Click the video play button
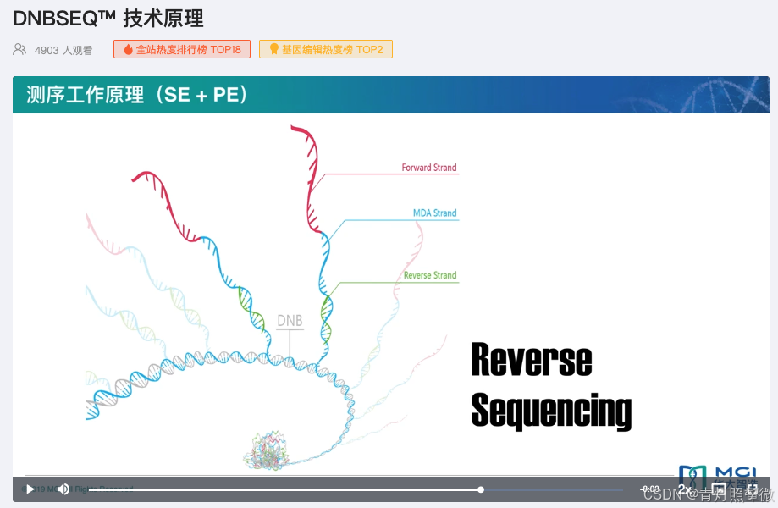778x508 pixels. [x=30, y=489]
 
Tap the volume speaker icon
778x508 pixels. [x=63, y=489]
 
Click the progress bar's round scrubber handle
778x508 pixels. [x=481, y=489]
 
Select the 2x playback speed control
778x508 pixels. [x=684, y=489]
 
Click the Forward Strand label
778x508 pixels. [x=429, y=168]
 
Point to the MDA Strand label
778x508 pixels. [x=434, y=213]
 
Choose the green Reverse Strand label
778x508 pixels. [x=430, y=275]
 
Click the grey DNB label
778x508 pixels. [x=290, y=322]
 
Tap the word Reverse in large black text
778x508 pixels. [x=531, y=361]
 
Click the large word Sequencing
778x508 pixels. [x=551, y=411]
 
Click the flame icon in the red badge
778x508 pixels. [x=128, y=50]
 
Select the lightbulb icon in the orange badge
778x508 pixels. [x=273, y=50]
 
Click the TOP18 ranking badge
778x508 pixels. [x=182, y=50]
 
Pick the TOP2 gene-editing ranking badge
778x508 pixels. [x=326, y=50]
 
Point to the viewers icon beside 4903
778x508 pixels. [x=19, y=50]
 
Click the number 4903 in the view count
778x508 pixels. [x=47, y=51]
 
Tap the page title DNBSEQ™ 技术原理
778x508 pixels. [x=108, y=18]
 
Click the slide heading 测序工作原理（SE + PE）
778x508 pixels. [x=138, y=95]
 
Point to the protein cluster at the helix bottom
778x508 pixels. [x=267, y=450]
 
